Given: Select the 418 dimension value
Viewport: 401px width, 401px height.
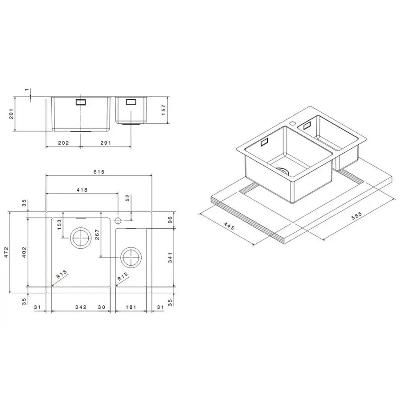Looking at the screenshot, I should coord(82,190).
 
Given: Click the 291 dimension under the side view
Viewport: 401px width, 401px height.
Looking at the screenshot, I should coord(106,143).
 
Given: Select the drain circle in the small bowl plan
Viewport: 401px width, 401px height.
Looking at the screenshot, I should coord(131,257).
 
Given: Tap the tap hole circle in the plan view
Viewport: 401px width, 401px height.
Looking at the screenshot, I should coord(118,220).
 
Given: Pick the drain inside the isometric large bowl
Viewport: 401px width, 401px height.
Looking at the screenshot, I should coord(282,171).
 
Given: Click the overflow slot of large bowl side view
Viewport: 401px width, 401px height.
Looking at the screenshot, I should coord(81,102).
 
